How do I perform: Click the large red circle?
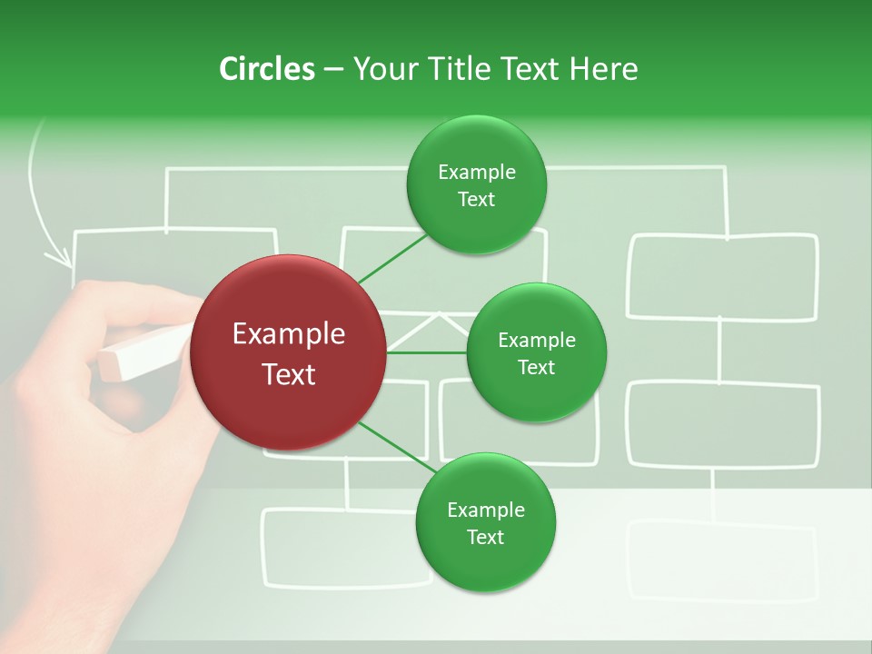pos(288,352)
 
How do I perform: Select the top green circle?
pos(476,185)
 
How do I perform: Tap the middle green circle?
pos(536,352)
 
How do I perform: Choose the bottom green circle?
pos(485,522)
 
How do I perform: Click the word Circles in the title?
pos(267,69)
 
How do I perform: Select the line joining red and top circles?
pos(392,259)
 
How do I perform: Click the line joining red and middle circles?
pos(427,352)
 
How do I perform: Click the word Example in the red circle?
pos(288,334)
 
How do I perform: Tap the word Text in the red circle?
pos(288,374)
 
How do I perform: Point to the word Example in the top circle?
pos(476,173)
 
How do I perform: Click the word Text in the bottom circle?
pos(485,537)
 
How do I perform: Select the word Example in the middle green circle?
pos(536,341)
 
